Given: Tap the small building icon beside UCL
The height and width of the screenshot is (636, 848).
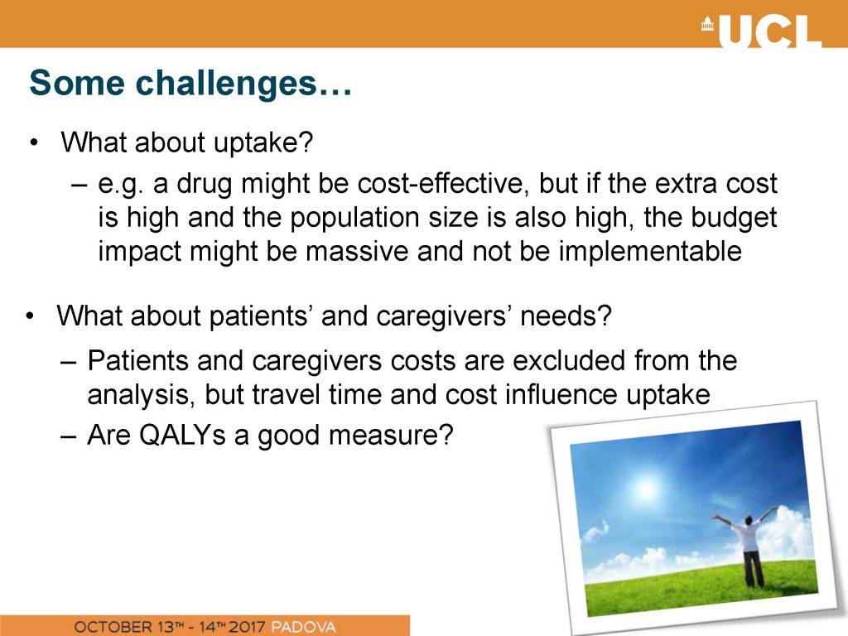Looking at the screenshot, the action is [x=708, y=23].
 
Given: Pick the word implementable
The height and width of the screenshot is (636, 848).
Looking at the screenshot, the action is [x=650, y=252].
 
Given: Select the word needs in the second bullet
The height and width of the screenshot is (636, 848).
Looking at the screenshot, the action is [x=566, y=316].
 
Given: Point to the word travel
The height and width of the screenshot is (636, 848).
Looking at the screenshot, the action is [x=286, y=394].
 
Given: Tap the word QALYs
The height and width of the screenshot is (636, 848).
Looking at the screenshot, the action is [x=182, y=435].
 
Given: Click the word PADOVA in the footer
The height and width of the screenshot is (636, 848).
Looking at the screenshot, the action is [x=303, y=627].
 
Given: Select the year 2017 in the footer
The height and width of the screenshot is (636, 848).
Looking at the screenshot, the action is [x=247, y=627].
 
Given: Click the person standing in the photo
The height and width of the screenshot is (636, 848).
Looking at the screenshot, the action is [x=749, y=547].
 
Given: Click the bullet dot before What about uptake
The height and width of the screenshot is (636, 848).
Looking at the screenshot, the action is [x=35, y=142].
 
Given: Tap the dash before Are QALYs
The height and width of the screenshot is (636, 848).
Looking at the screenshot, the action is [x=69, y=436].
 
